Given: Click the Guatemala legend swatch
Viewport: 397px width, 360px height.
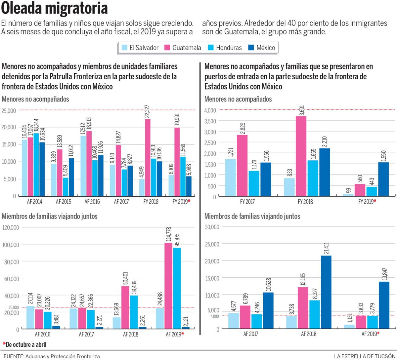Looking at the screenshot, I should (x=167, y=48).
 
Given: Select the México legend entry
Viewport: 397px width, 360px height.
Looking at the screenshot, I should (x=261, y=48).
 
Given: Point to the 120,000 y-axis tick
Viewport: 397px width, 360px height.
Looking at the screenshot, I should (x=11, y=227).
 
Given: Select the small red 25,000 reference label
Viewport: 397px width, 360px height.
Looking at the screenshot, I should (x=14, y=307).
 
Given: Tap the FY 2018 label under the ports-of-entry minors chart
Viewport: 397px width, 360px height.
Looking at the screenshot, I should (x=305, y=201).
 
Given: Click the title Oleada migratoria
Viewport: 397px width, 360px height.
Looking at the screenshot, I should (x=55, y=8).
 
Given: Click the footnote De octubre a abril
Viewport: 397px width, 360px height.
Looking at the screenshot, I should (x=24, y=344).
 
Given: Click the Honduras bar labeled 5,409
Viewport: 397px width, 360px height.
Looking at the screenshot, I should (x=66, y=187).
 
